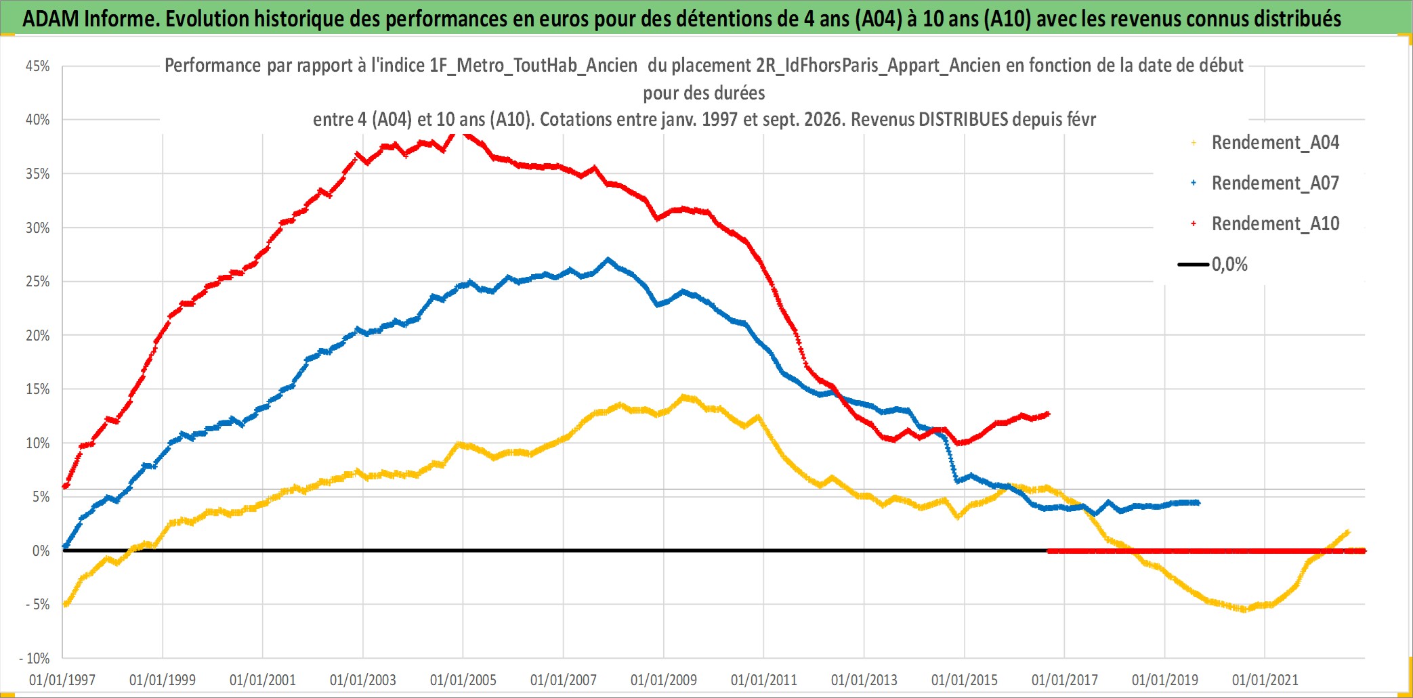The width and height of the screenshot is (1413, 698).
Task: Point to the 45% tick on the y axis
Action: (38, 66)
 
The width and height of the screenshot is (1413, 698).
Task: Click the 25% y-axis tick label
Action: (38, 281)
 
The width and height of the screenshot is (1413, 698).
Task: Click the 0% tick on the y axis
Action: (41, 550)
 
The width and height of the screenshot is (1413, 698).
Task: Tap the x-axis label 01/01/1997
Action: (62, 680)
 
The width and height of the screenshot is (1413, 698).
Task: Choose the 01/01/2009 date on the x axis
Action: (664, 680)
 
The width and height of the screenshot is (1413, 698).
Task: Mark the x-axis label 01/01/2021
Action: (1265, 680)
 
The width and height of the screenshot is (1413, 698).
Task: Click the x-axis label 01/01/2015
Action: (965, 680)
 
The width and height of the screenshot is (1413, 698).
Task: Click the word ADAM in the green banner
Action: (51, 19)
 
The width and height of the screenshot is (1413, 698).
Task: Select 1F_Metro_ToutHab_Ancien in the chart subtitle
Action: (533, 66)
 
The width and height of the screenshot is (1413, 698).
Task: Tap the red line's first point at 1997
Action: (65, 486)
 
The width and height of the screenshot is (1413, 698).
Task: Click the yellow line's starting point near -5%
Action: (65, 604)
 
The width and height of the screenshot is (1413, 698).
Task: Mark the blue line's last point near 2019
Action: (1198, 502)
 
